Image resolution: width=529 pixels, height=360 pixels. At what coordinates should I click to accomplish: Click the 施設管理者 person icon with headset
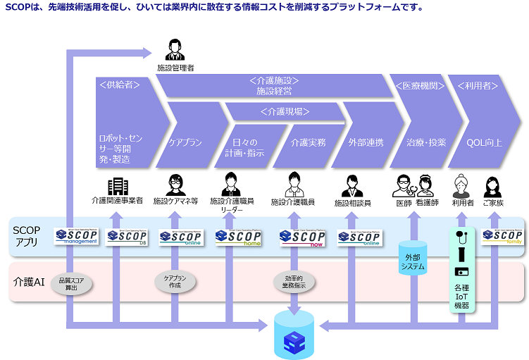pyautogui.click(x=175, y=51)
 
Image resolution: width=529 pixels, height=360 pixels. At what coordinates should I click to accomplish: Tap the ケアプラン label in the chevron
pyautogui.click(x=185, y=142)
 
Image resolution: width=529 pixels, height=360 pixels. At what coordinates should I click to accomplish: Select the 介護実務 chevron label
pyautogui.click(x=309, y=142)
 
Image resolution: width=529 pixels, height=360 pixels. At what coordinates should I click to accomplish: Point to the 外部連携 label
pyautogui.click(x=366, y=142)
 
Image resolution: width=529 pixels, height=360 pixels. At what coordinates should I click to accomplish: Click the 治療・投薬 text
pyautogui.click(x=426, y=142)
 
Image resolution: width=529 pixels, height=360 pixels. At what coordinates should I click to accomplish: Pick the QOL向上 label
pyautogui.click(x=485, y=142)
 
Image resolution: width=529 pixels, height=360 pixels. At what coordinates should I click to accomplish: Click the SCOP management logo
pyautogui.click(x=76, y=236)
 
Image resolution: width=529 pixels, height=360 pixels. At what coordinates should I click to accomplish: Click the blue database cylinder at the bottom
pyautogui.click(x=294, y=333)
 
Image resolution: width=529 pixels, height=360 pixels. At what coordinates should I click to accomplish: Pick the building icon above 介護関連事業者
pyautogui.click(x=118, y=186)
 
